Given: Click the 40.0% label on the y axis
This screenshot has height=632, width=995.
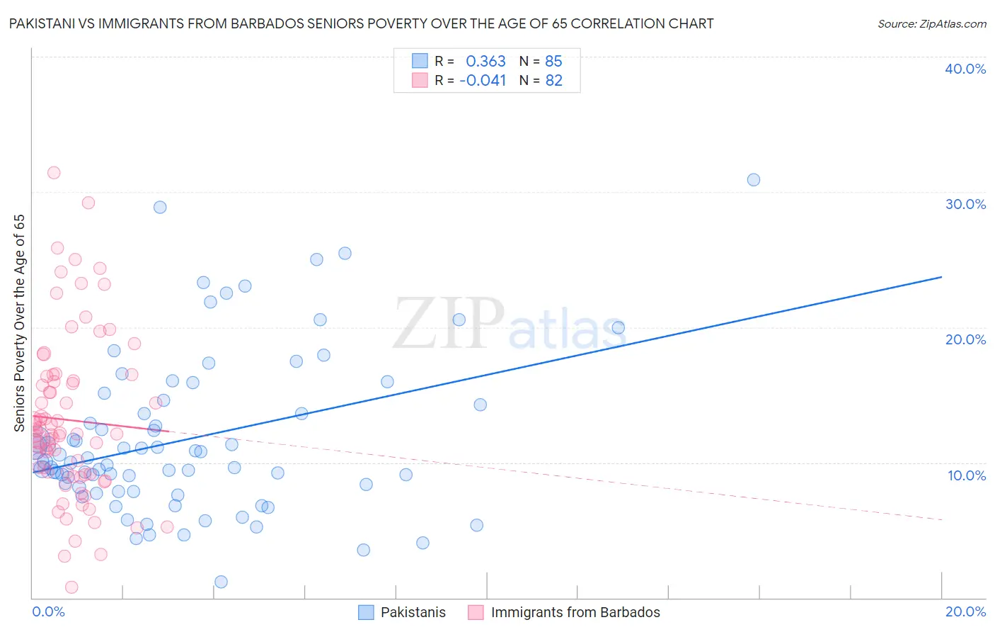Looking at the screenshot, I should (965, 69).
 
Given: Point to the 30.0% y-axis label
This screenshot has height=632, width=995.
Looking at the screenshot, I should (965, 204).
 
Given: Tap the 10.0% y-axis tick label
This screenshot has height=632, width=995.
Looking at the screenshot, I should (967, 475).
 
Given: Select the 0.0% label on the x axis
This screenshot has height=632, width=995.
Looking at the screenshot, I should (48, 611).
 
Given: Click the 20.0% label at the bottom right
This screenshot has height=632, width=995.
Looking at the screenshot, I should (965, 611).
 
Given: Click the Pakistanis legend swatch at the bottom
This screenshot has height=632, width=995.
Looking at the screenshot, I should (366, 612).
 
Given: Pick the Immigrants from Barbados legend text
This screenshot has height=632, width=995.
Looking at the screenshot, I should (575, 612).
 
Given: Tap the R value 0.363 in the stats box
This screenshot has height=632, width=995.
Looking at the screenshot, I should (485, 62).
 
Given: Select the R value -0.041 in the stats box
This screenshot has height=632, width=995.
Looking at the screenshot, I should (483, 81).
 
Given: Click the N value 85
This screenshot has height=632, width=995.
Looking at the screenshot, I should (553, 62).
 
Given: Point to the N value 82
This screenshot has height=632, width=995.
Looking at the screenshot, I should (553, 81).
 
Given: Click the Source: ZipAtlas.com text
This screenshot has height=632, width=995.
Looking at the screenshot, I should (931, 23).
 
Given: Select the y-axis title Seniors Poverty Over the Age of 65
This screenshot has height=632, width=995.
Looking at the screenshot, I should (20, 322).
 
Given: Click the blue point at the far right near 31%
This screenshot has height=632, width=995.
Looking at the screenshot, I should (754, 180).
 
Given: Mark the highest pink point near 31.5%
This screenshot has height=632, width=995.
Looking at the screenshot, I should (54, 173).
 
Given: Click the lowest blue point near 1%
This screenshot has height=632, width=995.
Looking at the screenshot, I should (221, 582).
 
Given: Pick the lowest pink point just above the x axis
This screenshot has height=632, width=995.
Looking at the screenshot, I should (71, 587).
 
